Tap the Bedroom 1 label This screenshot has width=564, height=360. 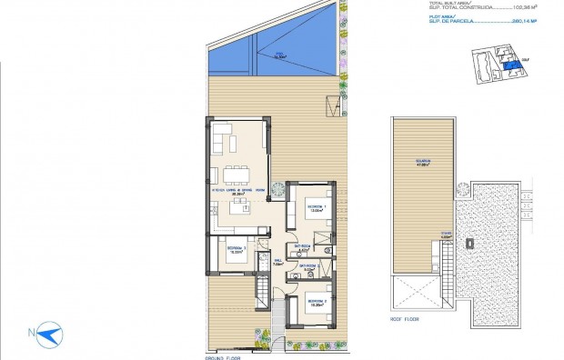(314, 207)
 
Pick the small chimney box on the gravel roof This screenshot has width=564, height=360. (469, 244)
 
